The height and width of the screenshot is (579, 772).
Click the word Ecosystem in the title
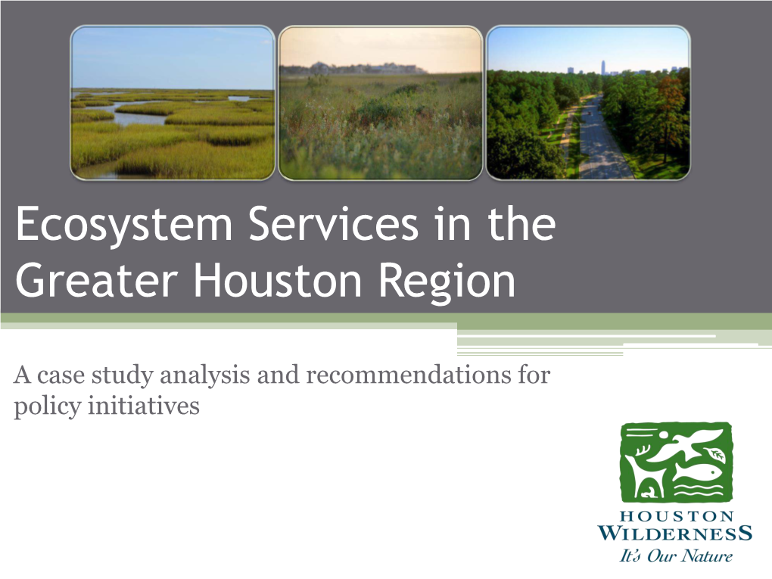tap(124, 225)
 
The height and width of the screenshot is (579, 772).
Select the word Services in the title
tap(333, 224)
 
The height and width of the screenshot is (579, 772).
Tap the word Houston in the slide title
tap(278, 281)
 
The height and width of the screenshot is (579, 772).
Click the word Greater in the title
tap(97, 281)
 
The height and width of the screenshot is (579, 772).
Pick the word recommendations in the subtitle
tap(408, 375)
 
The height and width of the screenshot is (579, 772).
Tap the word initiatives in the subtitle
tap(144, 406)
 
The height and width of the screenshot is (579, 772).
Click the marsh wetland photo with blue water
tap(173, 103)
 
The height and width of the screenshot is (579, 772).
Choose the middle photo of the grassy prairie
tap(380, 103)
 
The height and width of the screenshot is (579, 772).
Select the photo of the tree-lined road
tap(588, 103)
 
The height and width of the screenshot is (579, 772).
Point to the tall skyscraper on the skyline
tap(602, 67)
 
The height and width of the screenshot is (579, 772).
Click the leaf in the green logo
tap(715, 454)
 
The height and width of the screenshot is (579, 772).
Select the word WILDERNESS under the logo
tap(675, 534)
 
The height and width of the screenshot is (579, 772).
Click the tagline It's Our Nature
tap(675, 556)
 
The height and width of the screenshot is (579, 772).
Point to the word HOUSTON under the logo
tap(677, 516)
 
